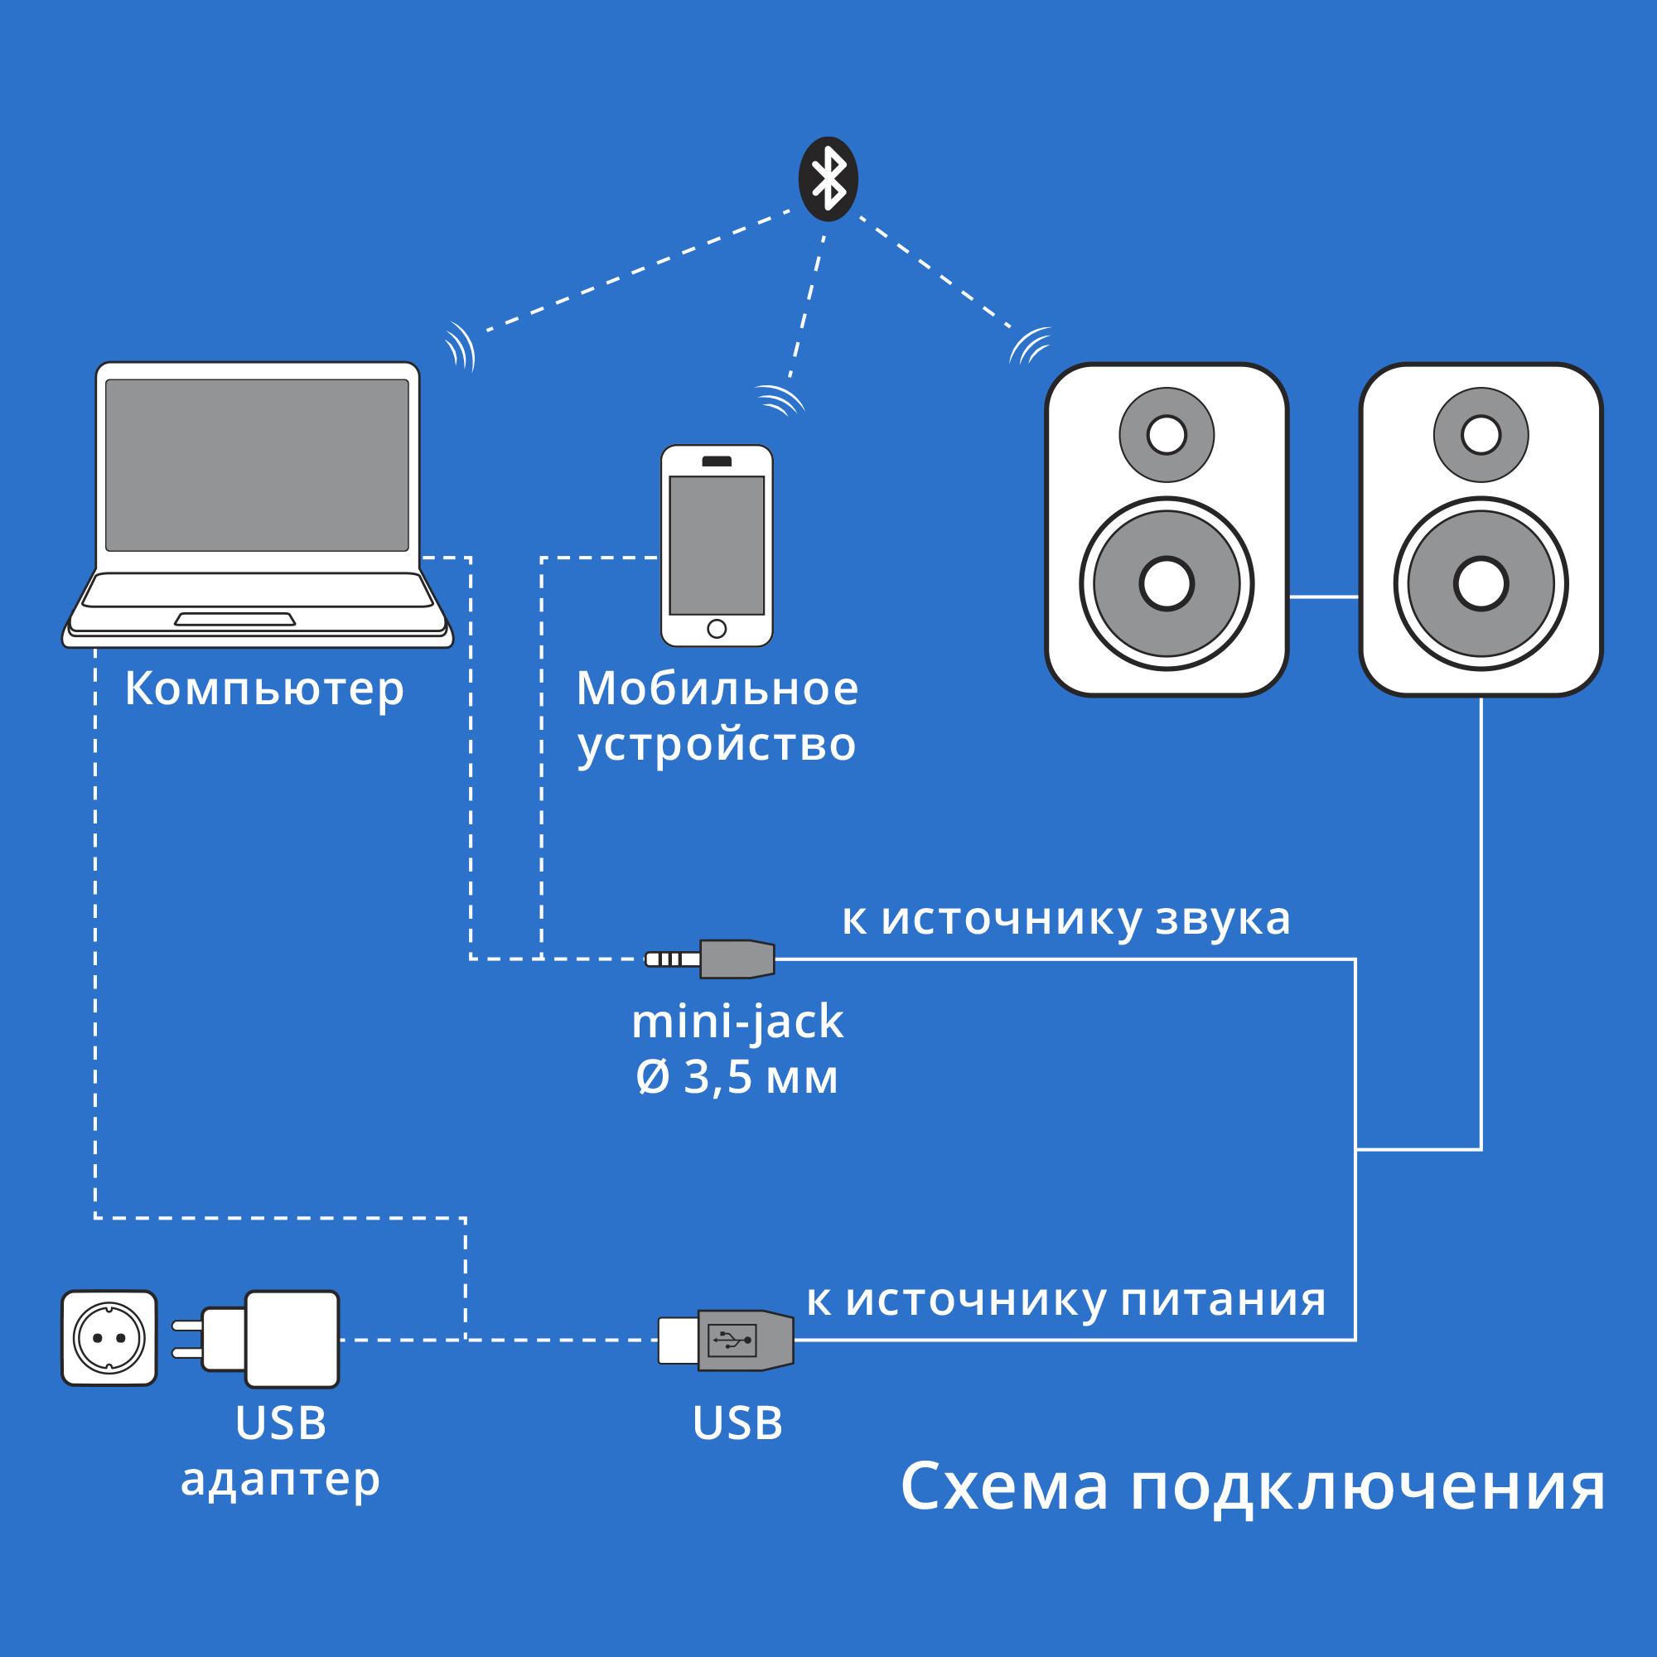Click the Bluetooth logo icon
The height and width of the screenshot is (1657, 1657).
828,179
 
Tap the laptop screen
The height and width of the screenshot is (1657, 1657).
257,465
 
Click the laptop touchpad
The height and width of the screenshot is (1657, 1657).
235,619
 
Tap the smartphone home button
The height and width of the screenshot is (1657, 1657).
717,629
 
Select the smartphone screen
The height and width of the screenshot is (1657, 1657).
717,545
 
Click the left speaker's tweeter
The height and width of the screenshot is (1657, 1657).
1167,435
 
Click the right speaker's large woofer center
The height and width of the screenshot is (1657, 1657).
1481,583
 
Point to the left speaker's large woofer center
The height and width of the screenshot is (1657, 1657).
1167,583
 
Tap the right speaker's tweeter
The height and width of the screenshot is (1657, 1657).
1481,435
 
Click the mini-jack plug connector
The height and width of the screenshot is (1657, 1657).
712,959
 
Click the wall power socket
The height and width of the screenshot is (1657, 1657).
109,1338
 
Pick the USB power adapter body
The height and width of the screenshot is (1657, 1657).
292,1339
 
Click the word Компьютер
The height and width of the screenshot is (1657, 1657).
264,688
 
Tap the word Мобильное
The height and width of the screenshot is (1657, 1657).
717,688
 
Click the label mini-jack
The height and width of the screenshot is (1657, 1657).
737,1022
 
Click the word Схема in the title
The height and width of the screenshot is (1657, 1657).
1004,1486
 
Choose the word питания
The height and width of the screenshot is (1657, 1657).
1223,1300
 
